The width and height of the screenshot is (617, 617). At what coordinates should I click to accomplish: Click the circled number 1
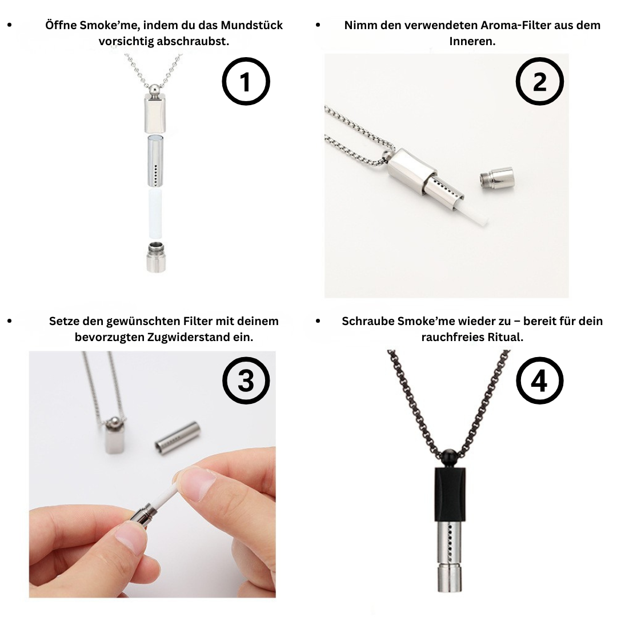(x=246, y=82)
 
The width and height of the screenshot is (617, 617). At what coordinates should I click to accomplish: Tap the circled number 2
(x=539, y=82)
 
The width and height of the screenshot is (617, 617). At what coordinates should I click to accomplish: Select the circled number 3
(x=246, y=380)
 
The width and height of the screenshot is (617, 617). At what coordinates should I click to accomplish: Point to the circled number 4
(x=539, y=380)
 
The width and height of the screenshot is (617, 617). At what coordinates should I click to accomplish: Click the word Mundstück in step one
(x=251, y=25)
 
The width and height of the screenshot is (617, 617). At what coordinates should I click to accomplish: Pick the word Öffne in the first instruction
(x=61, y=25)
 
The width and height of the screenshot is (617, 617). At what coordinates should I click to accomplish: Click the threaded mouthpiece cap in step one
(x=156, y=257)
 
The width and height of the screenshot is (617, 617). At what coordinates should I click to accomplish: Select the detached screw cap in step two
(x=496, y=179)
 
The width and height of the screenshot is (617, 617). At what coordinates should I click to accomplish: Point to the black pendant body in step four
(x=450, y=494)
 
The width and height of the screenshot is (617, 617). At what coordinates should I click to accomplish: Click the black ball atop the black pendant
(x=450, y=458)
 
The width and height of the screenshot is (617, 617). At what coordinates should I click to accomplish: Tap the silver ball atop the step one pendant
(x=155, y=87)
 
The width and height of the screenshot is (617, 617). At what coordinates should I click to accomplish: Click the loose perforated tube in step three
(x=178, y=436)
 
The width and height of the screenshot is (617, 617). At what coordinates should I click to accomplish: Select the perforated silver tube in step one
(x=156, y=161)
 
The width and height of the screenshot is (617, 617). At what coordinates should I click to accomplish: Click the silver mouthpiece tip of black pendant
(x=450, y=578)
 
